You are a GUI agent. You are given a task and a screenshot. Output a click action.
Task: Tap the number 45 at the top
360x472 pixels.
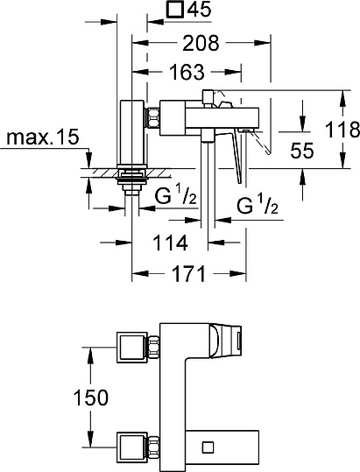coord(201,11)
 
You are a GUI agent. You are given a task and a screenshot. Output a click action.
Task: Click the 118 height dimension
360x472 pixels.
coord(342,130)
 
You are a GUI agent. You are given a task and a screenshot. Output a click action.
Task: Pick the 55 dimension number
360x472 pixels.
coord(302,150)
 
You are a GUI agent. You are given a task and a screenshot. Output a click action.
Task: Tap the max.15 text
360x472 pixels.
coord(40,138)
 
